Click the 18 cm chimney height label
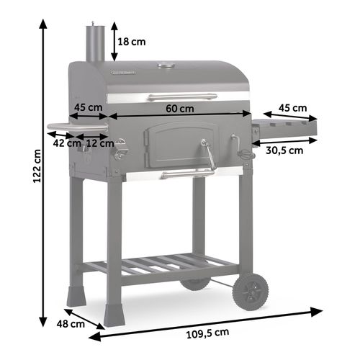click(x=132, y=42)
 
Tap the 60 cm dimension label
click(x=179, y=109)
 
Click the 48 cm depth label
click(x=72, y=324)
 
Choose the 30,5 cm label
click(x=284, y=150)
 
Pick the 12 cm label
click(x=100, y=143)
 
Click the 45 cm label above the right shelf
click(x=293, y=109)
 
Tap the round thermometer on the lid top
click(x=166, y=67)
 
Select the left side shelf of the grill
click(x=76, y=129)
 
